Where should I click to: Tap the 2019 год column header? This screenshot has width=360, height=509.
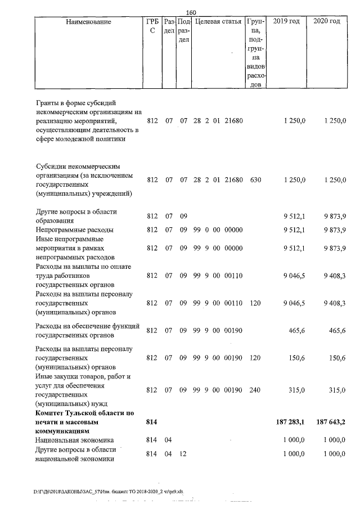[x=286, y=21]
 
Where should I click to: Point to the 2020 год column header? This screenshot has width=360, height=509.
[x=327, y=21]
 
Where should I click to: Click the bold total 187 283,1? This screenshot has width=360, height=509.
[x=286, y=422]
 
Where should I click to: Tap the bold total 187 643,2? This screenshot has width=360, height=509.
[x=329, y=422]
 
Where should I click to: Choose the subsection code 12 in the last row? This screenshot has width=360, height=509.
[x=183, y=454]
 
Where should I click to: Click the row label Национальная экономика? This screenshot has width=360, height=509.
[x=74, y=440]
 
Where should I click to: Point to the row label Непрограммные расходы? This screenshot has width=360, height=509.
[x=74, y=230]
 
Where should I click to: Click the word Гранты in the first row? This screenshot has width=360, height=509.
[x=48, y=103]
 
